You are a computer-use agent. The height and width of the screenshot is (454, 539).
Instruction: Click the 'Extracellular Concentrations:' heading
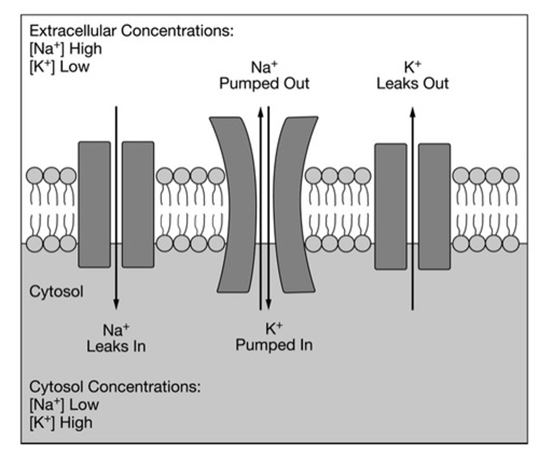click(x=131, y=31)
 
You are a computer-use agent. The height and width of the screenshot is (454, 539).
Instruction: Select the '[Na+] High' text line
click(x=65, y=49)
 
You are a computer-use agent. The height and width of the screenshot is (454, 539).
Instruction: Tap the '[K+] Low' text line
click(x=59, y=67)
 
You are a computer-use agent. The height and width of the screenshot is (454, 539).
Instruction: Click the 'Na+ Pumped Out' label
click(x=264, y=76)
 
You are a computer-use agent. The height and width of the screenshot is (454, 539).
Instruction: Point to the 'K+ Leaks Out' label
click(x=412, y=76)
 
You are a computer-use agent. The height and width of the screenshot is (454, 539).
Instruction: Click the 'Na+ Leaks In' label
click(x=116, y=338)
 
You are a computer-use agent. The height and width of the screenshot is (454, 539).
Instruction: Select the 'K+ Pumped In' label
click(x=274, y=337)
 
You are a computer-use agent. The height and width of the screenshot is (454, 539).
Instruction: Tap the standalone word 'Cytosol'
click(x=56, y=292)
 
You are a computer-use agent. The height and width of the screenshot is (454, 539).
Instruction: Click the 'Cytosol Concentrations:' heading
click(x=115, y=387)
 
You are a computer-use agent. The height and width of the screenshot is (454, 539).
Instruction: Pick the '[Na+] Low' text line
click(x=64, y=405)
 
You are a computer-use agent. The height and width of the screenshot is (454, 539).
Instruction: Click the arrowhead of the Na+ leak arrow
click(x=116, y=305)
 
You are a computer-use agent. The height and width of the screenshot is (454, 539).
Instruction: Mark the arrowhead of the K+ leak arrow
click(x=413, y=112)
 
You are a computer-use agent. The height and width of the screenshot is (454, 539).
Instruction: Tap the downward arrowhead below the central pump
click(x=269, y=305)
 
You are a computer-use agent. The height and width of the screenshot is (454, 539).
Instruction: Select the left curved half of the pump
click(x=235, y=204)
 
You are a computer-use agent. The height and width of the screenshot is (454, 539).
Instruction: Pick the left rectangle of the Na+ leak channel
click(x=94, y=204)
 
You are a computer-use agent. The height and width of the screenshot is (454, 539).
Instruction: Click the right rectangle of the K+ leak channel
click(x=434, y=206)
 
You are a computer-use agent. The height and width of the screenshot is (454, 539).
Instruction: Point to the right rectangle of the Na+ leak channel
click(x=138, y=204)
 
